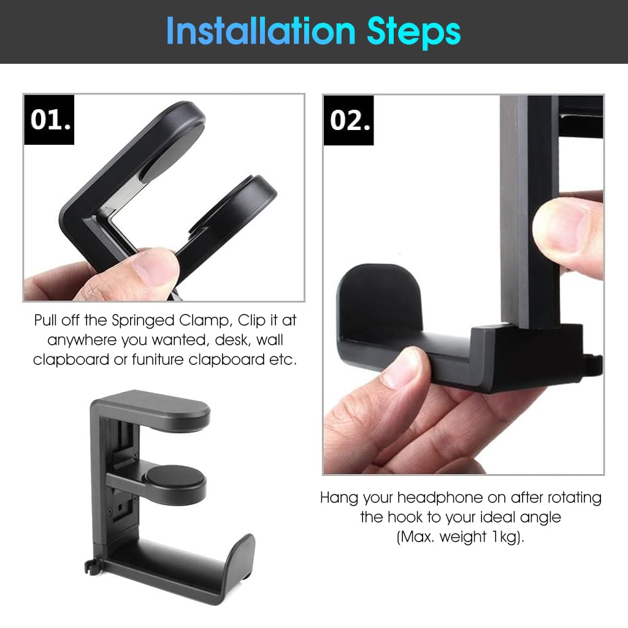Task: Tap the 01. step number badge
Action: (x=50, y=120)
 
